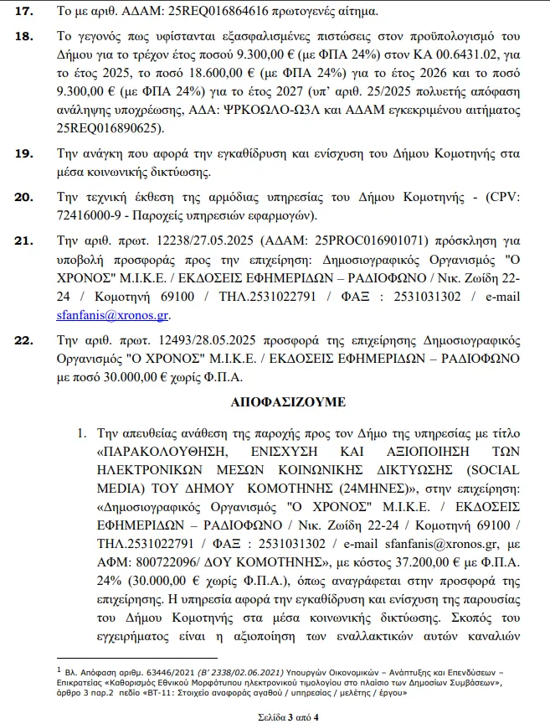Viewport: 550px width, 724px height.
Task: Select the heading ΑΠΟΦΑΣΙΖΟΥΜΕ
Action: (287, 402)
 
